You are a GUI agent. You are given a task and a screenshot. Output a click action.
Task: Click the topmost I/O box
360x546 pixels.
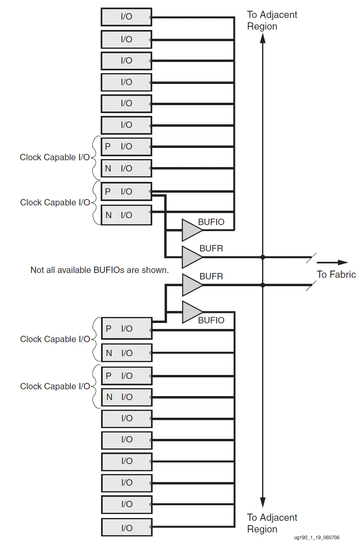click(126, 17)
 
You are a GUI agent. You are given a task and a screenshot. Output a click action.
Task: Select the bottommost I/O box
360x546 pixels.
click(127, 528)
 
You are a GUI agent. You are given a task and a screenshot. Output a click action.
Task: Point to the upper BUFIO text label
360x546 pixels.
click(211, 222)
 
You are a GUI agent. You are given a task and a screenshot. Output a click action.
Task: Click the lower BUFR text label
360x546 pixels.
click(211, 276)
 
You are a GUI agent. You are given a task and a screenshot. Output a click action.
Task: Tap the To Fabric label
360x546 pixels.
click(336, 274)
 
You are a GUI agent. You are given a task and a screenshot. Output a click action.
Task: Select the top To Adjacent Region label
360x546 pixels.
click(272, 20)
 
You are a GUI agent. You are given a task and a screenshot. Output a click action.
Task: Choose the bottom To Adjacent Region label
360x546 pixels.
click(272, 523)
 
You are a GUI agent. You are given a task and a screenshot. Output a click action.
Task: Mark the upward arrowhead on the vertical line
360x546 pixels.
click(263, 38)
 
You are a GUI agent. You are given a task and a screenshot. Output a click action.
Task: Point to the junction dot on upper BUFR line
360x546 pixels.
click(263, 257)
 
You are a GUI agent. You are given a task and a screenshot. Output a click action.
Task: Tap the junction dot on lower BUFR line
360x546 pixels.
click(263, 285)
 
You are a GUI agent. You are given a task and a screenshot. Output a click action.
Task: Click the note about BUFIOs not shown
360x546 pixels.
click(99, 270)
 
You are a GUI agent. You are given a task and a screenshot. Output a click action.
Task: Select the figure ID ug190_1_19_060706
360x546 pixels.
click(316, 538)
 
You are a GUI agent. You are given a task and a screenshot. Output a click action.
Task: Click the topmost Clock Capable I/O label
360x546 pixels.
click(55, 157)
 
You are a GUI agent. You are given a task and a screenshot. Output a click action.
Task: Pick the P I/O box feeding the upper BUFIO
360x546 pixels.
click(126, 191)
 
